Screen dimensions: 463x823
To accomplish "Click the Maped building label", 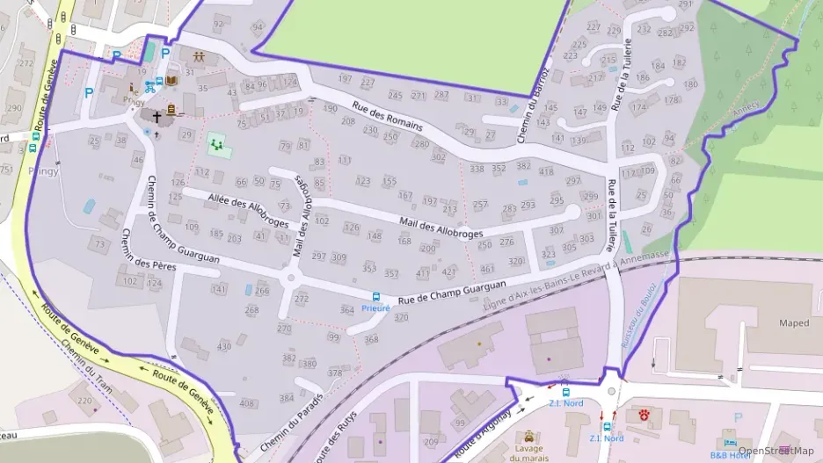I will point(793,323).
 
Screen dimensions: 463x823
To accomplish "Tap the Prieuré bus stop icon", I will point(376,297).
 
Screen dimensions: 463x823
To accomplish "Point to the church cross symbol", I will point(157,115).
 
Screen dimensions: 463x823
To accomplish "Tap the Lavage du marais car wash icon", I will point(528,437).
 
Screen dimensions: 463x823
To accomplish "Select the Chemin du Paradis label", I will point(291,421).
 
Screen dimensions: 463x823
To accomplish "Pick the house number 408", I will point(246,403).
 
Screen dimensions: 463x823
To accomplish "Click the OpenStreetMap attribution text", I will point(776,451).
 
